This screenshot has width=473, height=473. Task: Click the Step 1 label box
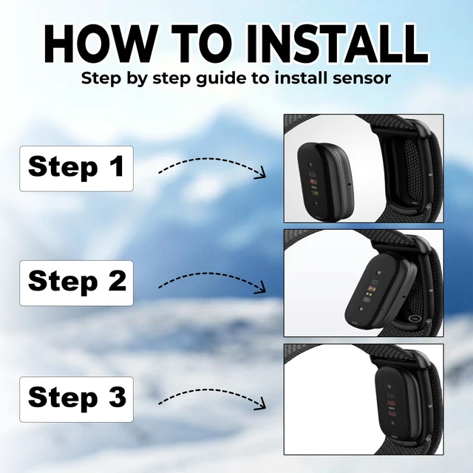click(76, 169)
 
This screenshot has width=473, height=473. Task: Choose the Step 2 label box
click(76, 283)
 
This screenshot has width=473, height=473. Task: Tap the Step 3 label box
click(76, 399)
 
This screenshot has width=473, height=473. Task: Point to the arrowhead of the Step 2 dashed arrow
click(261, 287)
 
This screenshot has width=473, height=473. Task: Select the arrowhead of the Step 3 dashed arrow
click(261, 404)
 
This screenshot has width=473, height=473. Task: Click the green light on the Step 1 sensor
click(315, 193)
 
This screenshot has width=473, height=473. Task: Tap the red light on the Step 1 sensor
click(313, 182)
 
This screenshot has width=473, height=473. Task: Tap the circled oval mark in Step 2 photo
click(415, 318)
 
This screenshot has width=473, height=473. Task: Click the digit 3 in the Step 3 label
click(118, 396)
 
